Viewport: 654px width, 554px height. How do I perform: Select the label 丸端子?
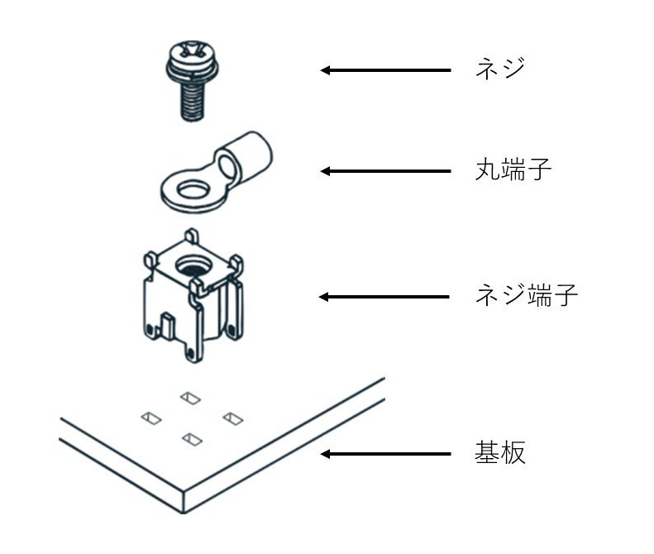(513, 171)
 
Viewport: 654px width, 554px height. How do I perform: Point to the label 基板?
(500, 454)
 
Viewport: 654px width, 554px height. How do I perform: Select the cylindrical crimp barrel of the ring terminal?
(247, 155)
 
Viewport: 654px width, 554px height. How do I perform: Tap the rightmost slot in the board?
(232, 418)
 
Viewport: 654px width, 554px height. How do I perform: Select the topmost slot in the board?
(191, 399)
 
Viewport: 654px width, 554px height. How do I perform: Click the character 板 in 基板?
(513, 454)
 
